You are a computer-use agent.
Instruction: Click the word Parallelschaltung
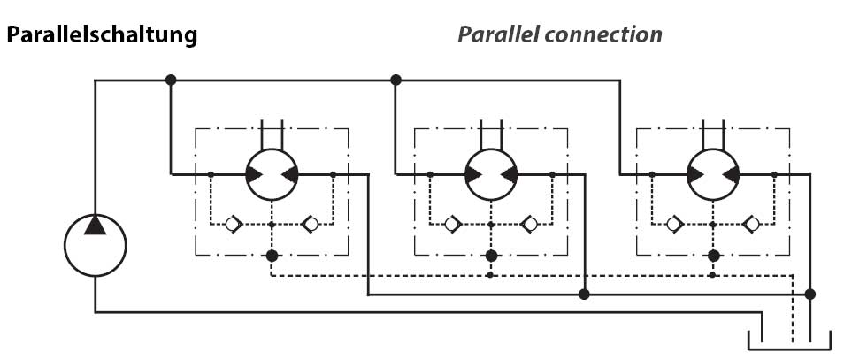tap(102, 36)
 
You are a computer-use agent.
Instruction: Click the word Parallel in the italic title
tap(498, 35)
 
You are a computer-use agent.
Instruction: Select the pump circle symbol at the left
tap(96, 245)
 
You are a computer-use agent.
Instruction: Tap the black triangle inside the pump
tap(96, 226)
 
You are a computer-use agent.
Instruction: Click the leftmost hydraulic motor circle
tap(271, 174)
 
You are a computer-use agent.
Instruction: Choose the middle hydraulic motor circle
tap(491, 174)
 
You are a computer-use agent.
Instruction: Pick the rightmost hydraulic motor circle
tap(713, 174)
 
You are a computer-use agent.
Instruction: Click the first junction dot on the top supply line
tap(171, 80)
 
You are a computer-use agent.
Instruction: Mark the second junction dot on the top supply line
tap(395, 80)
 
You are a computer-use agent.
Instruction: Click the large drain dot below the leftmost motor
tap(272, 256)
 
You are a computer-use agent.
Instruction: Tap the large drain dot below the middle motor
tap(491, 256)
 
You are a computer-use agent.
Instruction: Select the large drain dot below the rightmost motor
tap(713, 256)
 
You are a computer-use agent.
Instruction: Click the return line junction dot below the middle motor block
tap(583, 294)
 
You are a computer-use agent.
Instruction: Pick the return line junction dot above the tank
tap(809, 294)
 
